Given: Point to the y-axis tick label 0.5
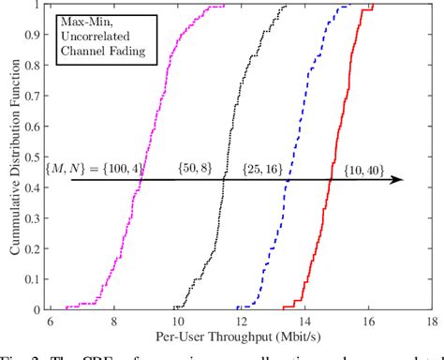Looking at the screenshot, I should click(36, 157).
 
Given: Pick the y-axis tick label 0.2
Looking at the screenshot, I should click(36, 248).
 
